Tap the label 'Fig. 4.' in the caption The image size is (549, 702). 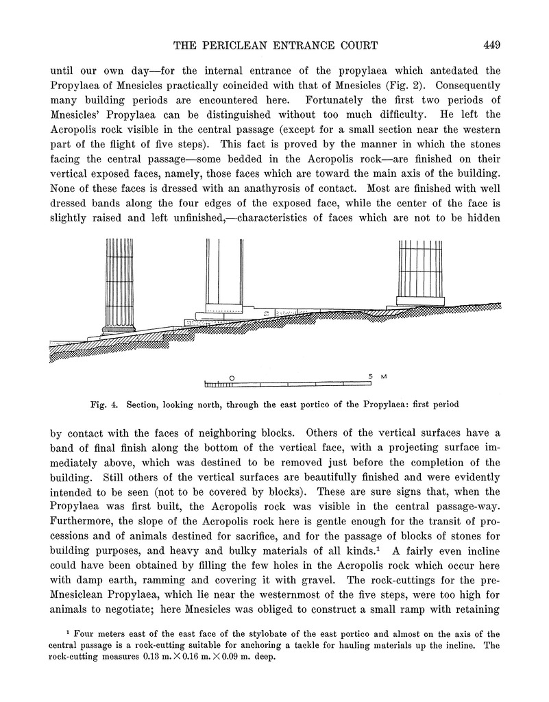click(x=106, y=404)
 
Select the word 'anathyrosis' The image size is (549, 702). click(x=261, y=186)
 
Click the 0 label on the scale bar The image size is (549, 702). click(x=232, y=377)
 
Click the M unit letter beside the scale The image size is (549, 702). click(x=384, y=376)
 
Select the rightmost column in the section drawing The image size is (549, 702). click(x=419, y=268)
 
